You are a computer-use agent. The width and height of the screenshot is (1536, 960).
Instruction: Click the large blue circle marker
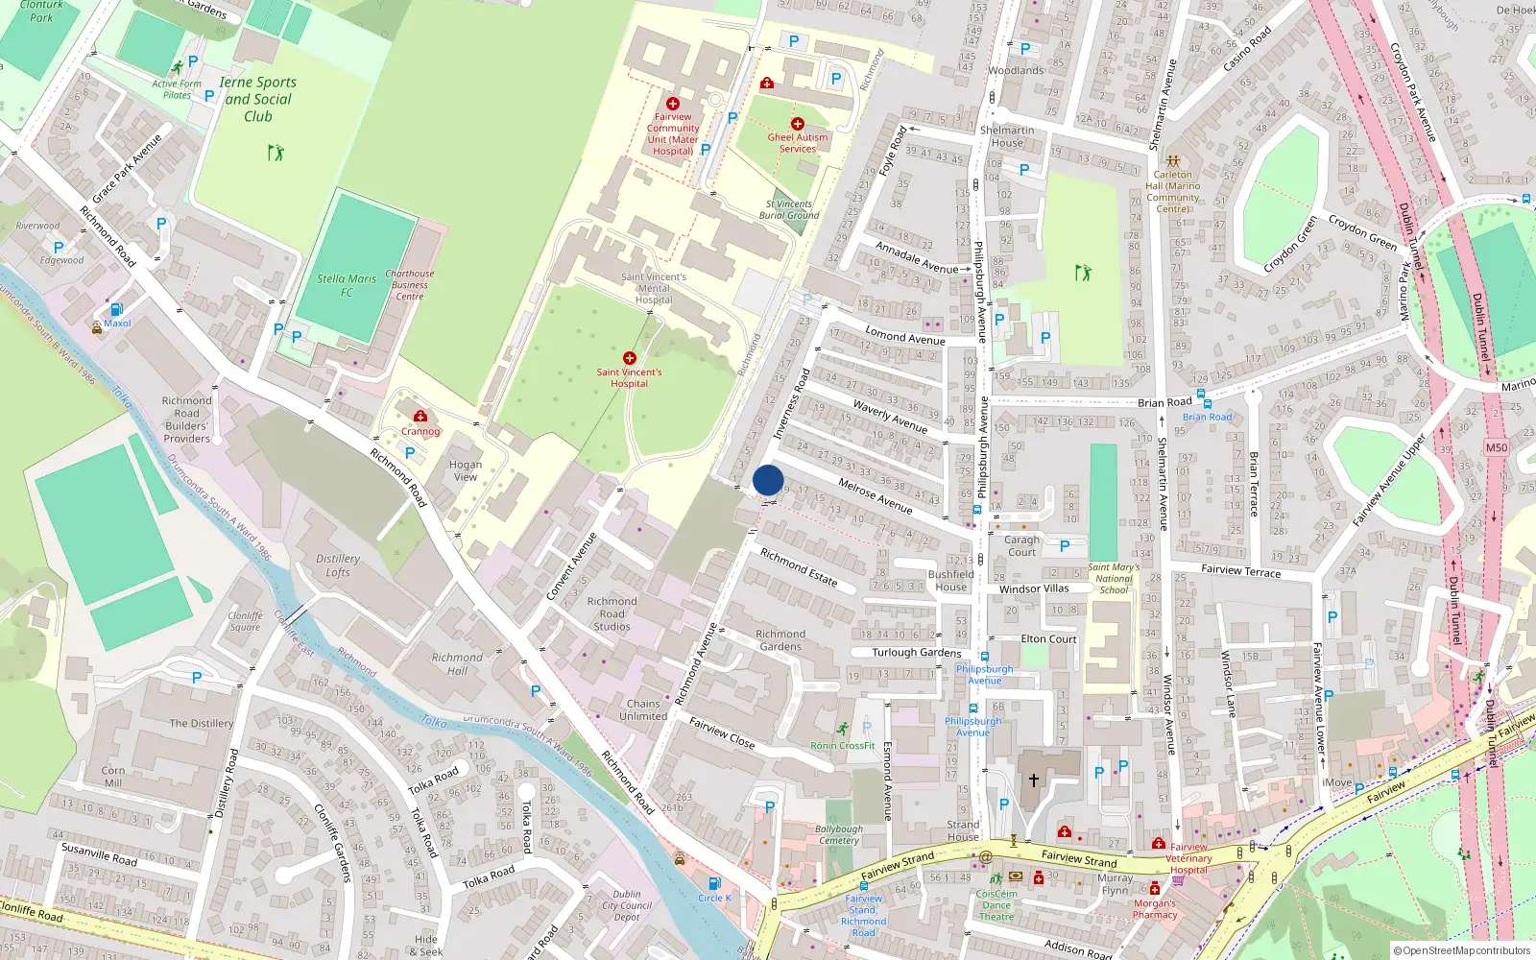coord(768,480)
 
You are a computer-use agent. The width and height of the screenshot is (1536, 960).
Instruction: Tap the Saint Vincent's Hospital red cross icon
coord(630,358)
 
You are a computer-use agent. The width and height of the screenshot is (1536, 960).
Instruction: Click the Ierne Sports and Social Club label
coord(258,99)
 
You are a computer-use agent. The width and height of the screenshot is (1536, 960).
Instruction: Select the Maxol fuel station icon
coord(116,309)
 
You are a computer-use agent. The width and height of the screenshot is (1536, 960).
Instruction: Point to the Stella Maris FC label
coord(347,285)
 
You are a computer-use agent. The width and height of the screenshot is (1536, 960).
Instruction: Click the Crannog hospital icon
coord(420,416)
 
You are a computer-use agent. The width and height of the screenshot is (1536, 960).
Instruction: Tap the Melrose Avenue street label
coord(876,495)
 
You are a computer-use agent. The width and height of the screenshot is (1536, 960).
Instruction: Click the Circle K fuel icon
coord(713,883)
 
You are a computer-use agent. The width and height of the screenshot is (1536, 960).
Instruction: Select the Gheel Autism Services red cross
coord(798,124)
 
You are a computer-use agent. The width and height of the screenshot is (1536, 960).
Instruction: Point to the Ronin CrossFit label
coord(843,745)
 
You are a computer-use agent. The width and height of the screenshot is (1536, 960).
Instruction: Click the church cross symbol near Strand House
coord(1034,780)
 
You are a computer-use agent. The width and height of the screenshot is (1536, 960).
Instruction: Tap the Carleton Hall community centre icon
coord(1172,161)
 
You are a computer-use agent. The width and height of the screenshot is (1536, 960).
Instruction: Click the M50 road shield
coord(1496,447)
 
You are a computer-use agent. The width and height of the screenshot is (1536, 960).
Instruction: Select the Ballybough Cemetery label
coord(839,834)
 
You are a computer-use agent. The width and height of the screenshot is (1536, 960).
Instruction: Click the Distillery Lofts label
coord(338,565)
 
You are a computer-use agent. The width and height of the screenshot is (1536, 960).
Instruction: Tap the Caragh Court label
coord(1022,545)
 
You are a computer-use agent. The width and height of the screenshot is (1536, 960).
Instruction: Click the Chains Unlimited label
coord(643,709)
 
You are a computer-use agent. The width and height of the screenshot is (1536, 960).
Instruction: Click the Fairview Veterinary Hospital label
coord(1189,858)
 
